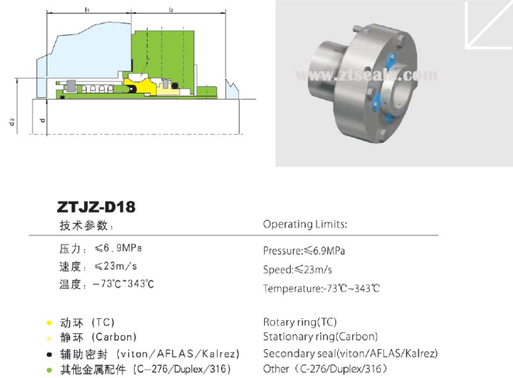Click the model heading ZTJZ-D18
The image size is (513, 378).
(97, 207)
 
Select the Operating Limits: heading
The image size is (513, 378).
(305, 225)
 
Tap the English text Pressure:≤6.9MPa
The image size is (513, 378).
(308, 251)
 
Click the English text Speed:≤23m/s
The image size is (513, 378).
(298, 270)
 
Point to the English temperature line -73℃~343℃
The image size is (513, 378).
(321, 288)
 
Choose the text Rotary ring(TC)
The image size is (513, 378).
(299, 322)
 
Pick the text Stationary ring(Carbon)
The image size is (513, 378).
(320, 336)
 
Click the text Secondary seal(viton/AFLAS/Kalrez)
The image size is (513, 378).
(350, 353)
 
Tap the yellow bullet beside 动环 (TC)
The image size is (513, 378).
(49, 322)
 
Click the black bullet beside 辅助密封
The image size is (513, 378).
(49, 354)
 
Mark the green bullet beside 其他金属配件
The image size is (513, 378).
(49, 370)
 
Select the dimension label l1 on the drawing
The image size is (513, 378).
(87, 10)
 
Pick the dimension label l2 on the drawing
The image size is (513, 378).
(171, 10)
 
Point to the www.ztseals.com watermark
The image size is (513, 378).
(366, 76)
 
